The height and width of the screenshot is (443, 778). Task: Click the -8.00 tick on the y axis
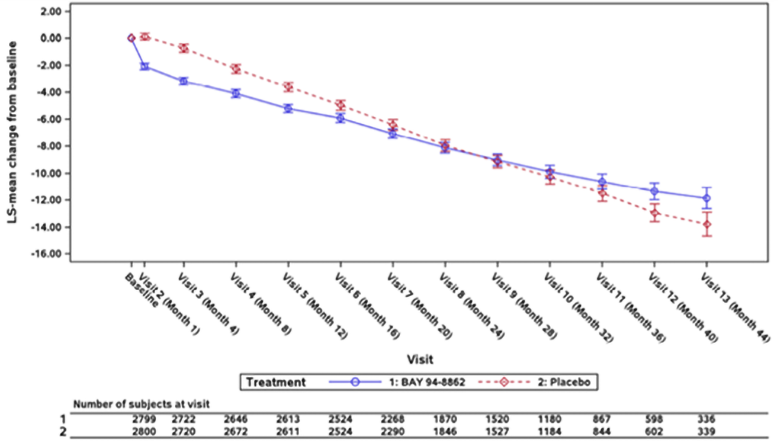coord(49,146)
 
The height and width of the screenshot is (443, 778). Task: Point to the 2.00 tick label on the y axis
coord(51,12)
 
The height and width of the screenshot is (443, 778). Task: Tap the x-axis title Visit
coord(420,359)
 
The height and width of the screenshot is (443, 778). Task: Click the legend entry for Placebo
coord(564,382)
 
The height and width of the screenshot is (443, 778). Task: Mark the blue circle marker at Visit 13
coord(707,198)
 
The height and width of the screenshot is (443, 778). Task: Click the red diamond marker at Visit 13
coord(707,224)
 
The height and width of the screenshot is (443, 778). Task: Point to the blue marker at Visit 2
coord(145,66)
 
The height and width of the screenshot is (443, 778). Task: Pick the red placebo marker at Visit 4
coord(236,69)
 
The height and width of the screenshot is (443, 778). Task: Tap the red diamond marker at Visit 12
coord(655,213)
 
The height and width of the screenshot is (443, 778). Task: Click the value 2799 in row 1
coord(144,419)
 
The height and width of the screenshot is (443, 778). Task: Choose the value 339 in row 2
coord(706,431)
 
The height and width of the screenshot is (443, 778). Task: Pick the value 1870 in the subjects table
coord(445,419)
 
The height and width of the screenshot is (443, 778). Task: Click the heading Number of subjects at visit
coord(141,404)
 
